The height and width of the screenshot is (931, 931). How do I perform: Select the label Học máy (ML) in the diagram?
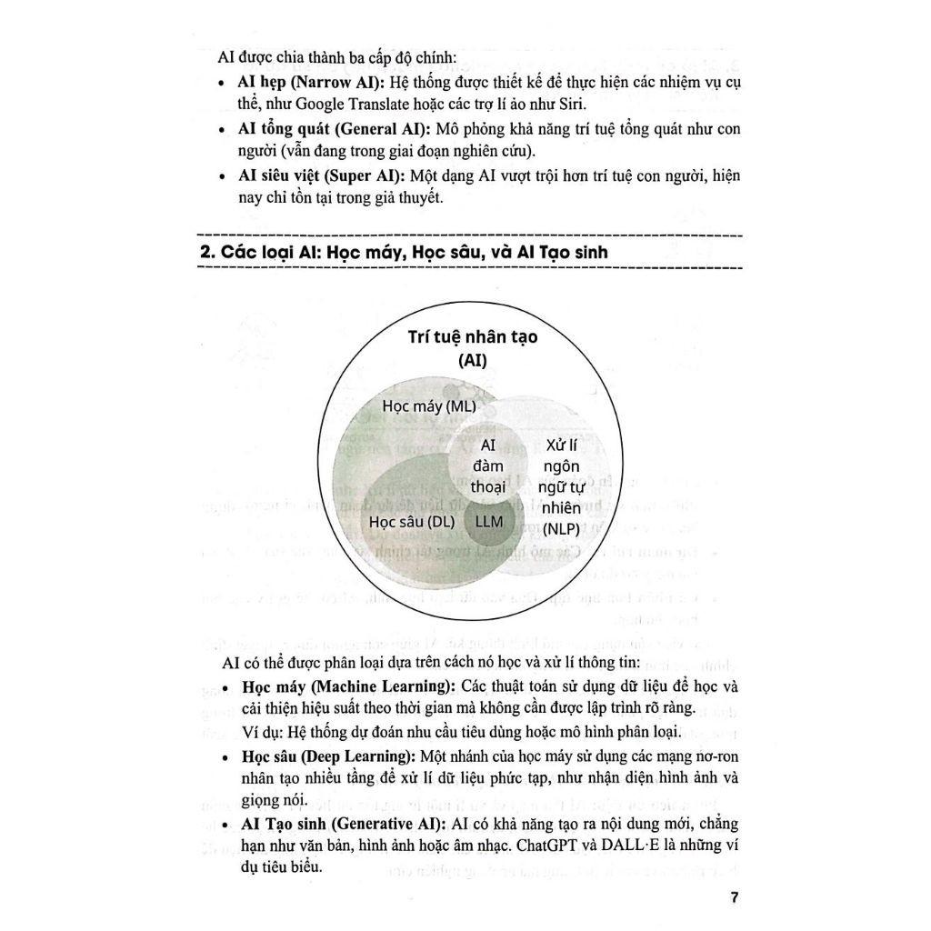tap(429, 406)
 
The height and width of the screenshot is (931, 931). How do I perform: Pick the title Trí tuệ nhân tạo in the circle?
tap(472, 337)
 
